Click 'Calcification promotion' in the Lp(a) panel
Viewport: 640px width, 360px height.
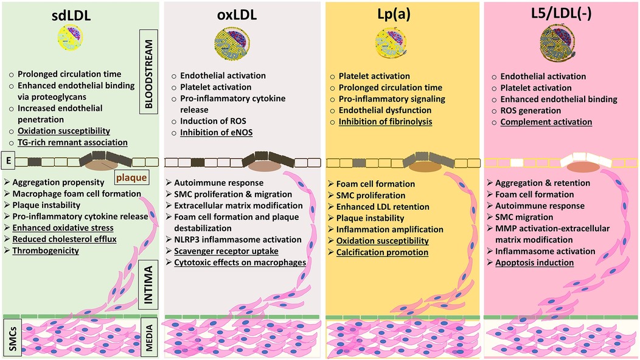(x=383, y=252)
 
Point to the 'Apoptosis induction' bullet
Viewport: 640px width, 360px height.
(x=535, y=263)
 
